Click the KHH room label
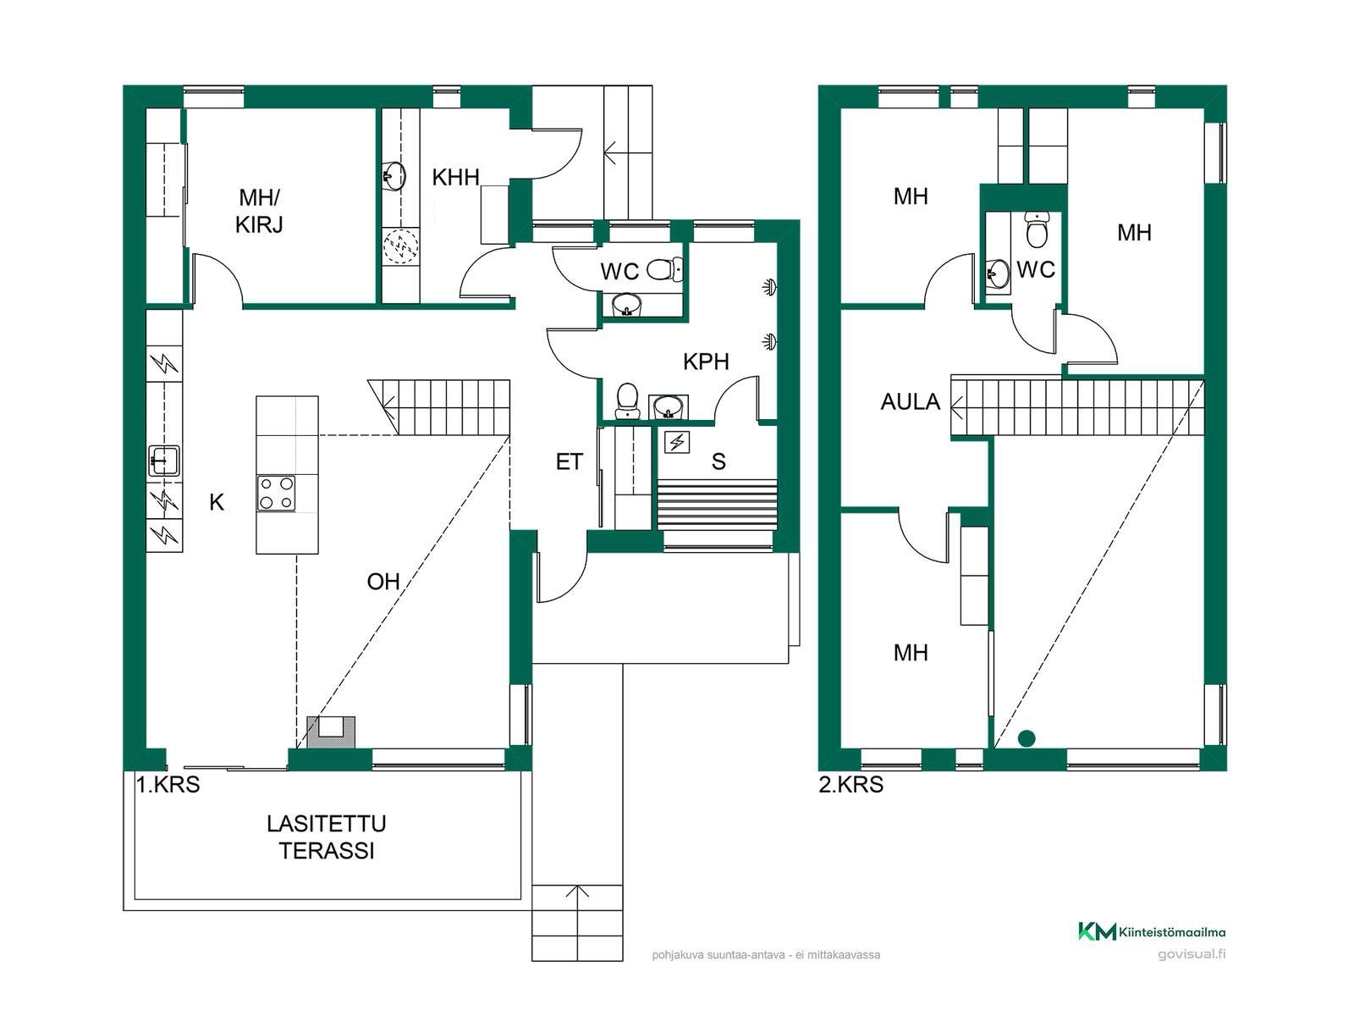455,178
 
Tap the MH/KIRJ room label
259,211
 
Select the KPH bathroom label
707,362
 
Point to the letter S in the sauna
718,461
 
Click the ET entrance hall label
569,461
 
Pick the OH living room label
383,581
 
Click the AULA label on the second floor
910,401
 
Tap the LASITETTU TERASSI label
327,837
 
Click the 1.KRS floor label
168,785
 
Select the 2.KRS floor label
850,785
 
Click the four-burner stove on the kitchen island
276,494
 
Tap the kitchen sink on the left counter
164,461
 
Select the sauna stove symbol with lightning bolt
677,442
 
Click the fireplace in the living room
331,732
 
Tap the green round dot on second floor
1027,737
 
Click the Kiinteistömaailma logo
1152,931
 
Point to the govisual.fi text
1192,953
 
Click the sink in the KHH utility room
394,175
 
